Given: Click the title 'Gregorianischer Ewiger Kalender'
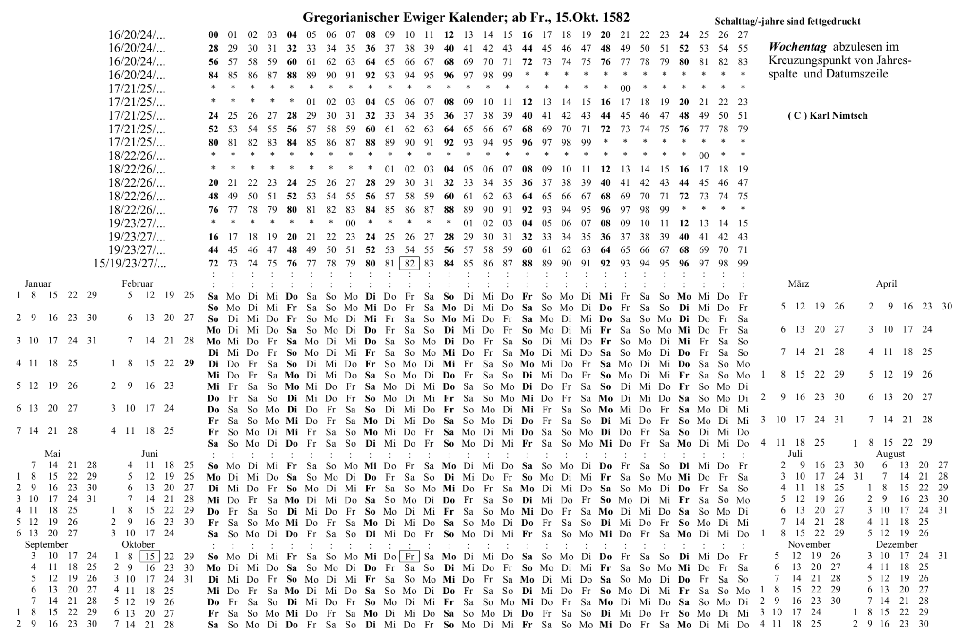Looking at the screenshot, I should pyautogui.click(x=466, y=17).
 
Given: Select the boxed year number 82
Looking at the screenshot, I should pyautogui.click(x=409, y=263).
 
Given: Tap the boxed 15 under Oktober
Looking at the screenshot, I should pyautogui.click(x=150, y=557).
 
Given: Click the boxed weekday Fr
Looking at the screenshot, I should pyautogui.click(x=409, y=557).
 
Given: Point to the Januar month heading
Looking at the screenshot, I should pyautogui.click(x=38, y=284).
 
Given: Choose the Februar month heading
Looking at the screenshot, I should pyautogui.click(x=138, y=284).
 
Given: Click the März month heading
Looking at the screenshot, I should pyautogui.click(x=798, y=284).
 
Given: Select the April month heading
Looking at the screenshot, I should pyautogui.click(x=886, y=284).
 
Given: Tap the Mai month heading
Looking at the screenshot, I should pyautogui.click(x=52, y=454).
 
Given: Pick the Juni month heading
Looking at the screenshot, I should pyautogui.click(x=149, y=454).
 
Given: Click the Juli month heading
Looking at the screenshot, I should pyautogui.click(x=795, y=454).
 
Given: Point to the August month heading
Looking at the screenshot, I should pyautogui.click(x=890, y=454).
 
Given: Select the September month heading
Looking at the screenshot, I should pyautogui.click(x=46, y=544).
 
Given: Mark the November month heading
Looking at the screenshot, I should pyautogui.click(x=809, y=544).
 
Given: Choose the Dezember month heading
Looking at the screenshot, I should pyautogui.click(x=897, y=544).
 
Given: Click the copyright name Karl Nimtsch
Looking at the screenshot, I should pyautogui.click(x=838, y=116).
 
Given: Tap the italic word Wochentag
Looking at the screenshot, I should pyautogui.click(x=797, y=47).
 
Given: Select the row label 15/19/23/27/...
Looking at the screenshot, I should pyautogui.click(x=130, y=264).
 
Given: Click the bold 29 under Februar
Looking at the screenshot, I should pyautogui.click(x=189, y=363).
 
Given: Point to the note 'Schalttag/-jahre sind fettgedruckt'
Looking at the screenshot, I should pyautogui.click(x=787, y=21).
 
